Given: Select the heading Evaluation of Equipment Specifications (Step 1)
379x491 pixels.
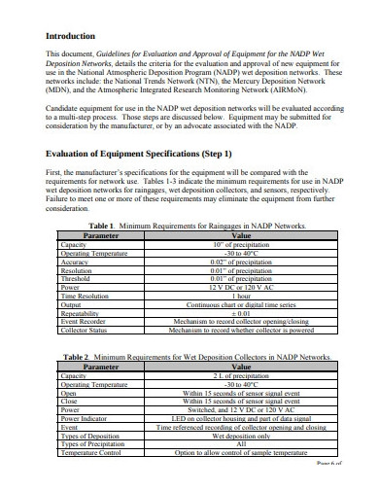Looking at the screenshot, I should tap(139, 155).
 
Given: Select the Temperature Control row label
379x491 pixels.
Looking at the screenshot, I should tap(90, 453).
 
